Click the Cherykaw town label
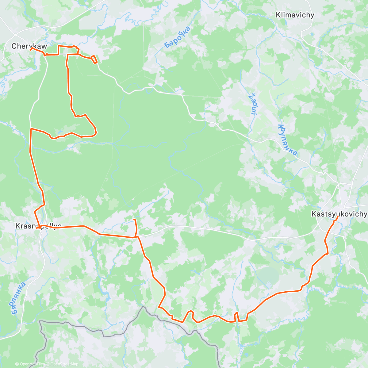(x=29, y=46)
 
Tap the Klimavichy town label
(x=295, y=15)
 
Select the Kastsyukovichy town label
(x=339, y=214)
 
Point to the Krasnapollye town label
(x=38, y=226)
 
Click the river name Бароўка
(x=177, y=37)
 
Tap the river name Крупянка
(x=288, y=140)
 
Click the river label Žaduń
(x=253, y=104)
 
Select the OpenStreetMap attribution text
(x=64, y=364)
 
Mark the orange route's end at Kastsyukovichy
(x=338, y=217)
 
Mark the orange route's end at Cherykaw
(x=31, y=48)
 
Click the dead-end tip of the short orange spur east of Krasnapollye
(x=134, y=220)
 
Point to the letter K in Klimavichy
(x=278, y=15)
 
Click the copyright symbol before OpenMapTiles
(x=17, y=364)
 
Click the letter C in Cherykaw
(x=14, y=46)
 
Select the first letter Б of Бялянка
(x=13, y=312)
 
